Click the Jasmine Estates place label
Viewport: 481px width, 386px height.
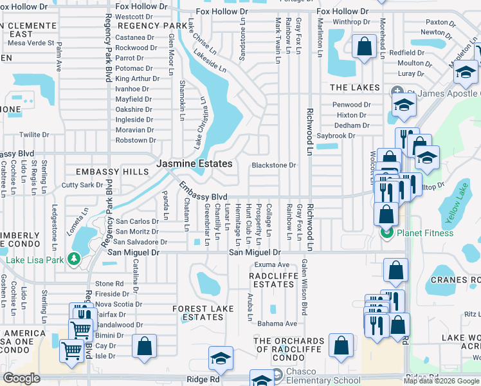coord(195,165)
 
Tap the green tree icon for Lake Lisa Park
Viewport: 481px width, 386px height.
coord(75,259)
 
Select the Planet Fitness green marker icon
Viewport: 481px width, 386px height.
coord(386,232)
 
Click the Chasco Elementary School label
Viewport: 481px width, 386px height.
coord(320,373)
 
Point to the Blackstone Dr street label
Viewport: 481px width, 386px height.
coord(273,165)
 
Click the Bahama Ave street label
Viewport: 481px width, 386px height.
coord(277,324)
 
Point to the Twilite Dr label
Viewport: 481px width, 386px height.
coord(34,134)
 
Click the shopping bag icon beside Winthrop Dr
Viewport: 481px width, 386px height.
coord(365,46)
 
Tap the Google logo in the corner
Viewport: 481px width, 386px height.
coord(21,378)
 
